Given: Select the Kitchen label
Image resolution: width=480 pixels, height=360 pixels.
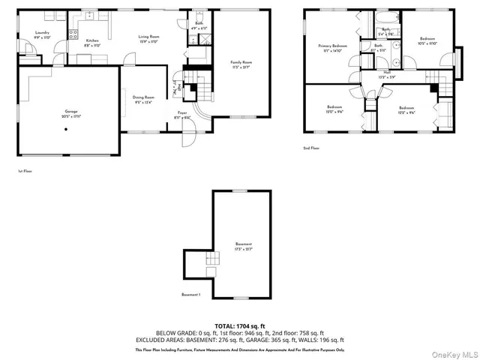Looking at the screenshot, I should [x=92, y=40].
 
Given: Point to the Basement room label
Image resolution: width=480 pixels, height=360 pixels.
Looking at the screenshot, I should [x=244, y=245].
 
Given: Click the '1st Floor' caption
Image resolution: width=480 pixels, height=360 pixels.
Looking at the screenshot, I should [x=25, y=171].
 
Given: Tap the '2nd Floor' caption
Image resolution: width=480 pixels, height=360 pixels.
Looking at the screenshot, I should [x=312, y=148].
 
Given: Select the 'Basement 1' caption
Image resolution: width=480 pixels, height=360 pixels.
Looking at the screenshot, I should [x=191, y=295].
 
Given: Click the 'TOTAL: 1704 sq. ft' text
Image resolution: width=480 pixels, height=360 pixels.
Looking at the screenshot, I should [x=239, y=325].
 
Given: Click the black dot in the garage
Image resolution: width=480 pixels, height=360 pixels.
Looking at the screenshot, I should [x=66, y=128].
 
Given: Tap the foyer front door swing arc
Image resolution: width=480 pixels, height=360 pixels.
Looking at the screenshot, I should [x=190, y=140].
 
